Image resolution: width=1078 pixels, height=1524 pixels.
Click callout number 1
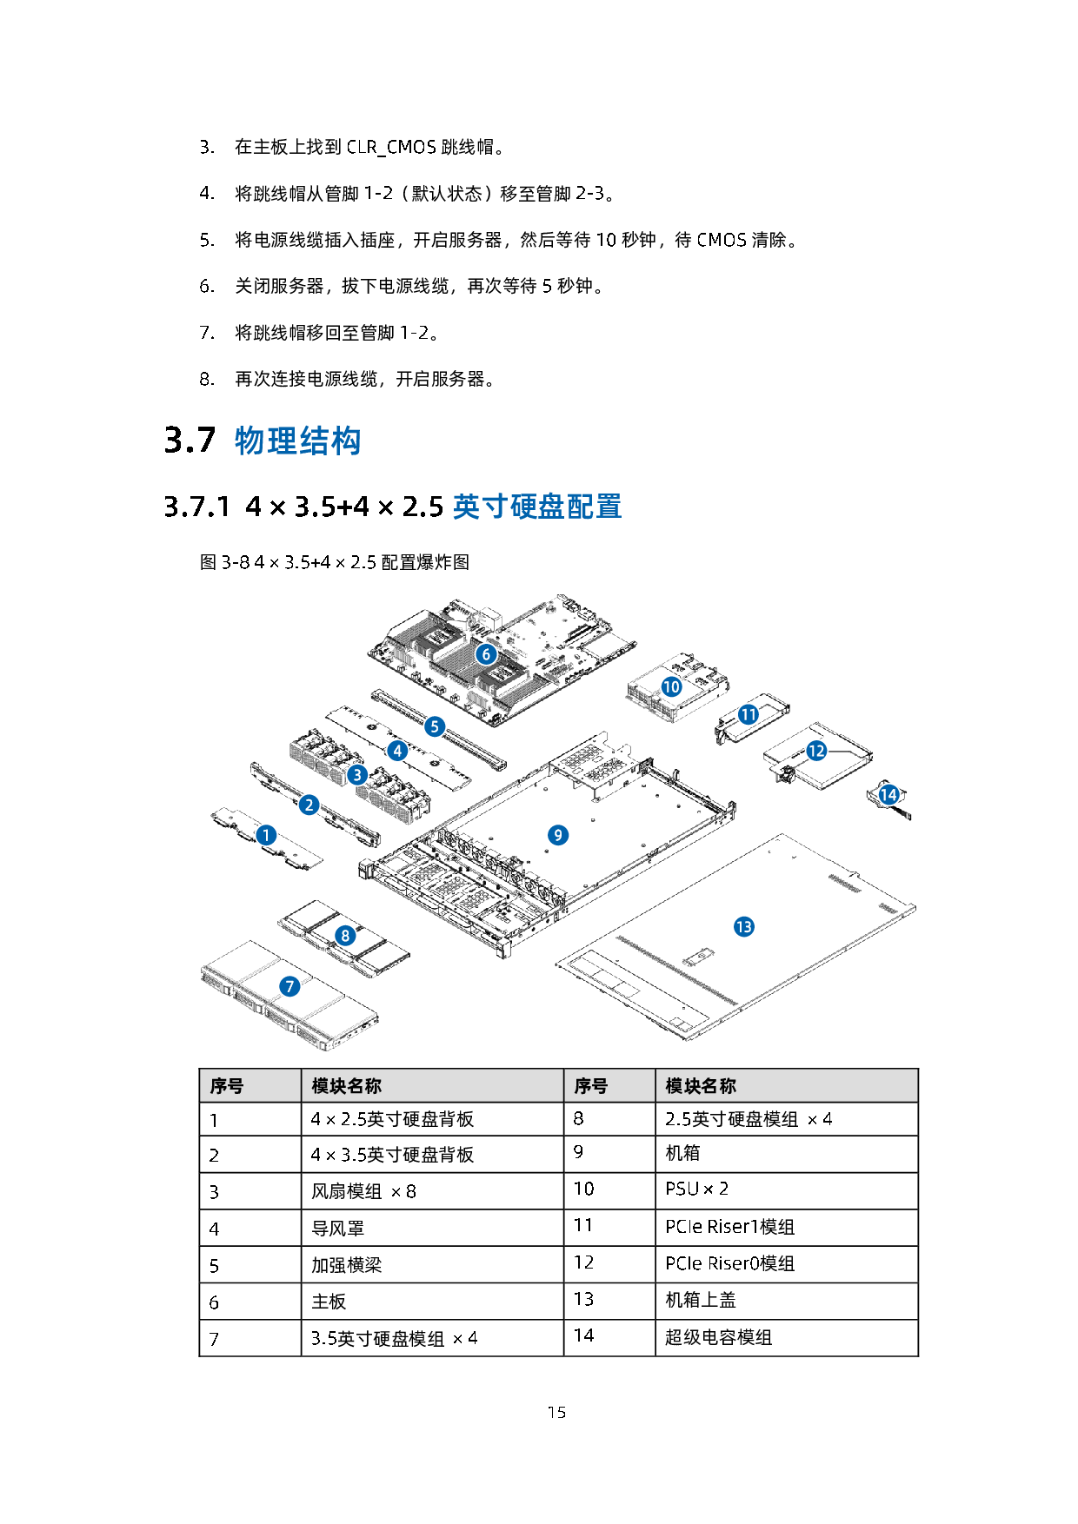[x=266, y=835]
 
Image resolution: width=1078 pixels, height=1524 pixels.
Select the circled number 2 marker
[x=309, y=805]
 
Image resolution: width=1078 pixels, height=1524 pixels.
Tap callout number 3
[x=356, y=774]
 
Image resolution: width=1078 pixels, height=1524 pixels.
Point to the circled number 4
[x=397, y=750]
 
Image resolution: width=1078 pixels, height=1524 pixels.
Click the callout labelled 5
[x=435, y=726]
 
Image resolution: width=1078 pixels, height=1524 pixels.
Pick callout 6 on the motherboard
[x=486, y=653]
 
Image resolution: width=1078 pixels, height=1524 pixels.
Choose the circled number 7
[x=289, y=986]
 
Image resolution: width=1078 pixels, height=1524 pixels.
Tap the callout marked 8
[x=345, y=935]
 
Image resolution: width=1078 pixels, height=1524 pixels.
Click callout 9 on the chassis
[x=557, y=835]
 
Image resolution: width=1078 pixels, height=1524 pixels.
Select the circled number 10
[x=671, y=687]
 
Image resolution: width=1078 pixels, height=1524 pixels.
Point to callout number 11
[x=748, y=714]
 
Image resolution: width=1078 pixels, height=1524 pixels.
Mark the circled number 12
[x=816, y=751]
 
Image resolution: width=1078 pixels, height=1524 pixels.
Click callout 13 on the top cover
[x=743, y=927]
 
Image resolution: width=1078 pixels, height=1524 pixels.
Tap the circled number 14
[x=888, y=794]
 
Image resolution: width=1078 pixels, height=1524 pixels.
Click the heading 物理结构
[x=297, y=441]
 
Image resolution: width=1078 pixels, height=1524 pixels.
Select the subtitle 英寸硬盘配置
[x=536, y=507]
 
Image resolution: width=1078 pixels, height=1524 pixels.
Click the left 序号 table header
[x=227, y=1086]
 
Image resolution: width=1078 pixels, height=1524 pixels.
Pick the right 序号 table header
[x=591, y=1086]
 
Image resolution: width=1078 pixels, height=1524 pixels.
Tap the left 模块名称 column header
[x=346, y=1086]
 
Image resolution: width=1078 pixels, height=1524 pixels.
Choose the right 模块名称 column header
[x=701, y=1086]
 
